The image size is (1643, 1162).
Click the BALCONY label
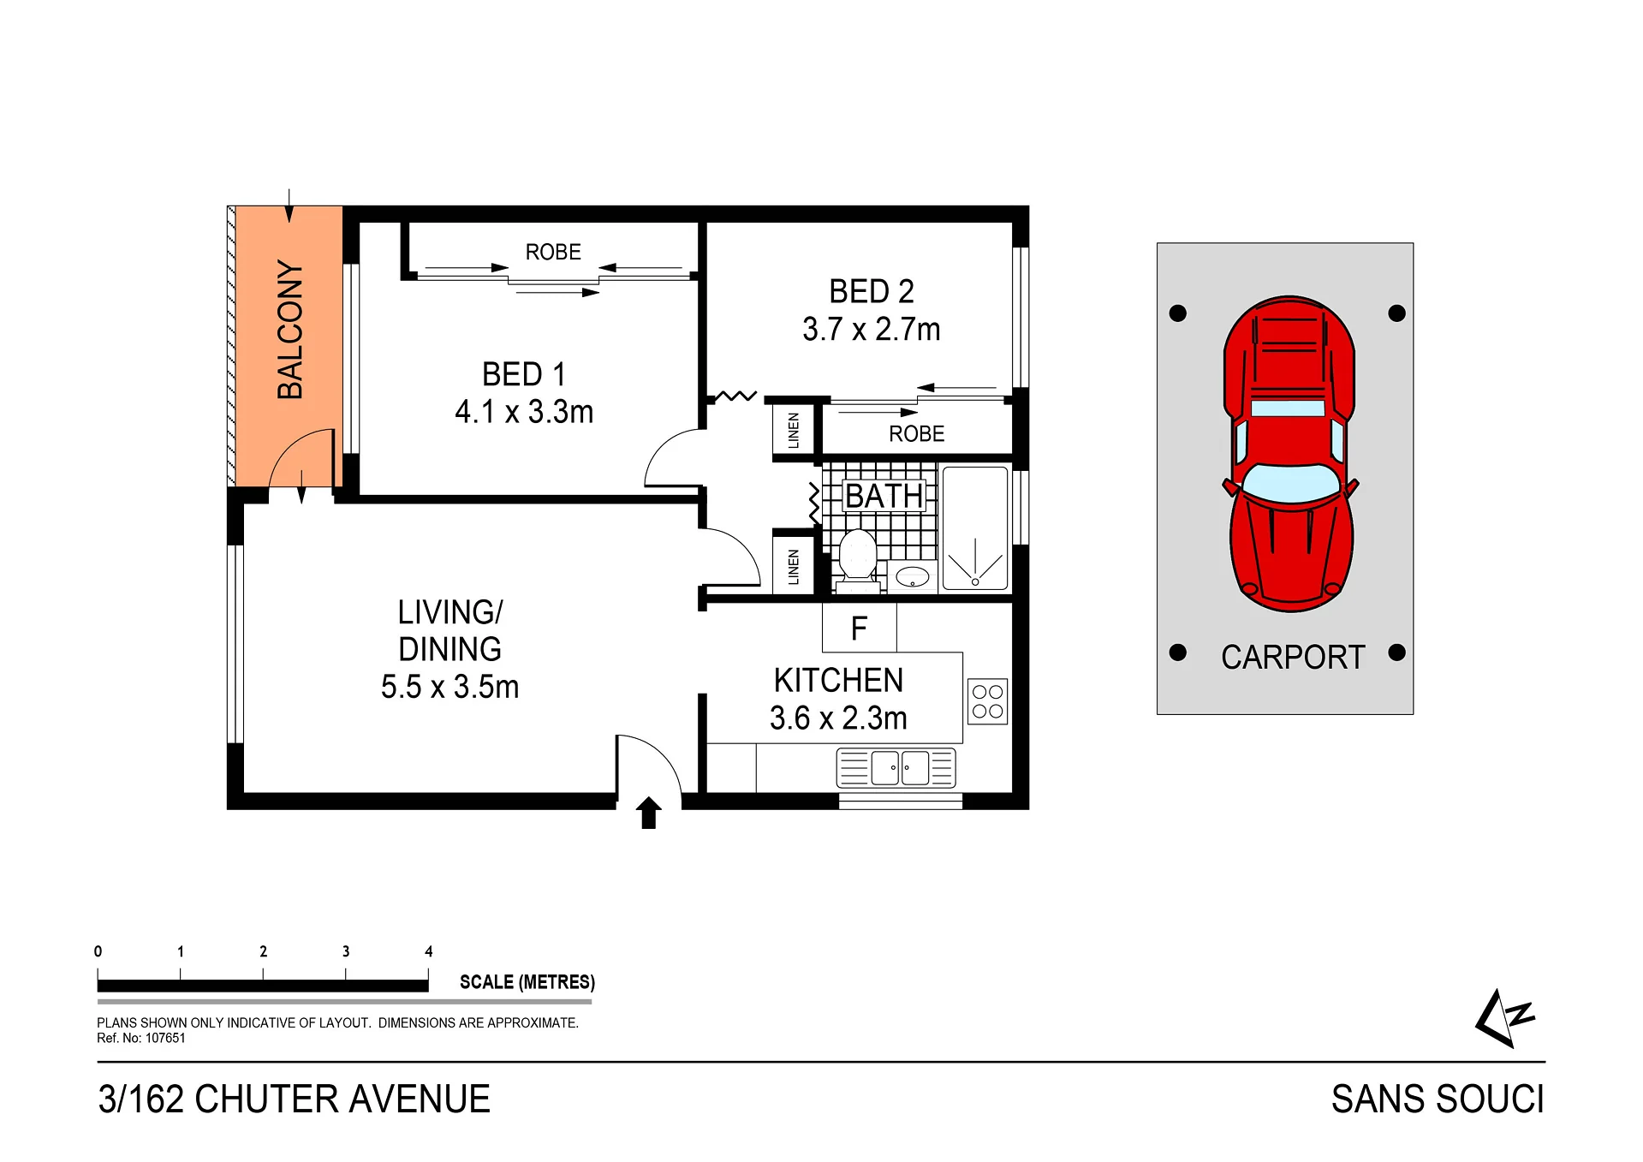click(290, 330)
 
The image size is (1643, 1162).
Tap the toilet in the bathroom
click(857, 561)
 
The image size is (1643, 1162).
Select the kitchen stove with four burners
click(987, 701)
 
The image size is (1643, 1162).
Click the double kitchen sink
click(896, 767)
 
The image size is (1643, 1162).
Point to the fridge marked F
click(860, 628)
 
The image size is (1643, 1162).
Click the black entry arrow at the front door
click(648, 813)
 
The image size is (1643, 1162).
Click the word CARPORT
click(1293, 658)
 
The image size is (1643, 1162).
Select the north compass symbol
click(1504, 1018)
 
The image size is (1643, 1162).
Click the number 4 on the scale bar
click(429, 951)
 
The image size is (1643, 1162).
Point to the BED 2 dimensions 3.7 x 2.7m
click(872, 330)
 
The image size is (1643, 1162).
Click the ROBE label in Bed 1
click(553, 252)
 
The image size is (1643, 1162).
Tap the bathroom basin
click(913, 576)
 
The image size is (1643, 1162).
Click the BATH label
click(884, 496)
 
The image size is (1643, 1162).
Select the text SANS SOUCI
click(1438, 1099)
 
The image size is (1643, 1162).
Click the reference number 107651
click(165, 1039)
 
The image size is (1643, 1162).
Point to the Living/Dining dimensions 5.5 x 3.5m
click(450, 687)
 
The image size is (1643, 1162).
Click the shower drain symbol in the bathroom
click(975, 582)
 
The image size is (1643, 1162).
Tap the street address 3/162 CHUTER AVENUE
click(295, 1099)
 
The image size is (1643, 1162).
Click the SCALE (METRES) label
click(527, 982)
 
